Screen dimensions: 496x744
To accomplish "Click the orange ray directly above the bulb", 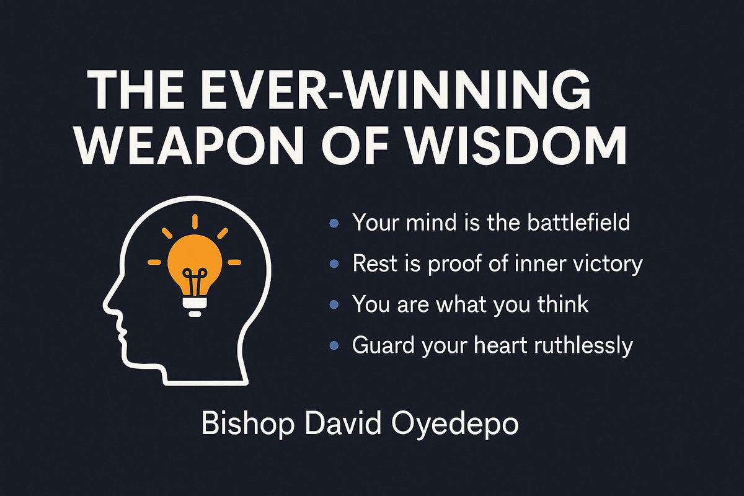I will pyautogui.click(x=194, y=221).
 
